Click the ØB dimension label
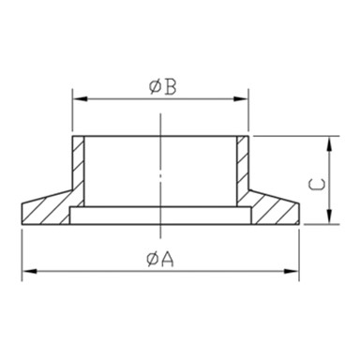point(161,87)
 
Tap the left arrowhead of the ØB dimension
point(78,97)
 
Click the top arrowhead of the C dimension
point(330,141)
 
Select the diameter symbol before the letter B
point(155,87)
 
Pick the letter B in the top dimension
point(169,87)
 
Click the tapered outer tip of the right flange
point(297,212)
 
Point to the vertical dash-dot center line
point(161,169)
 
